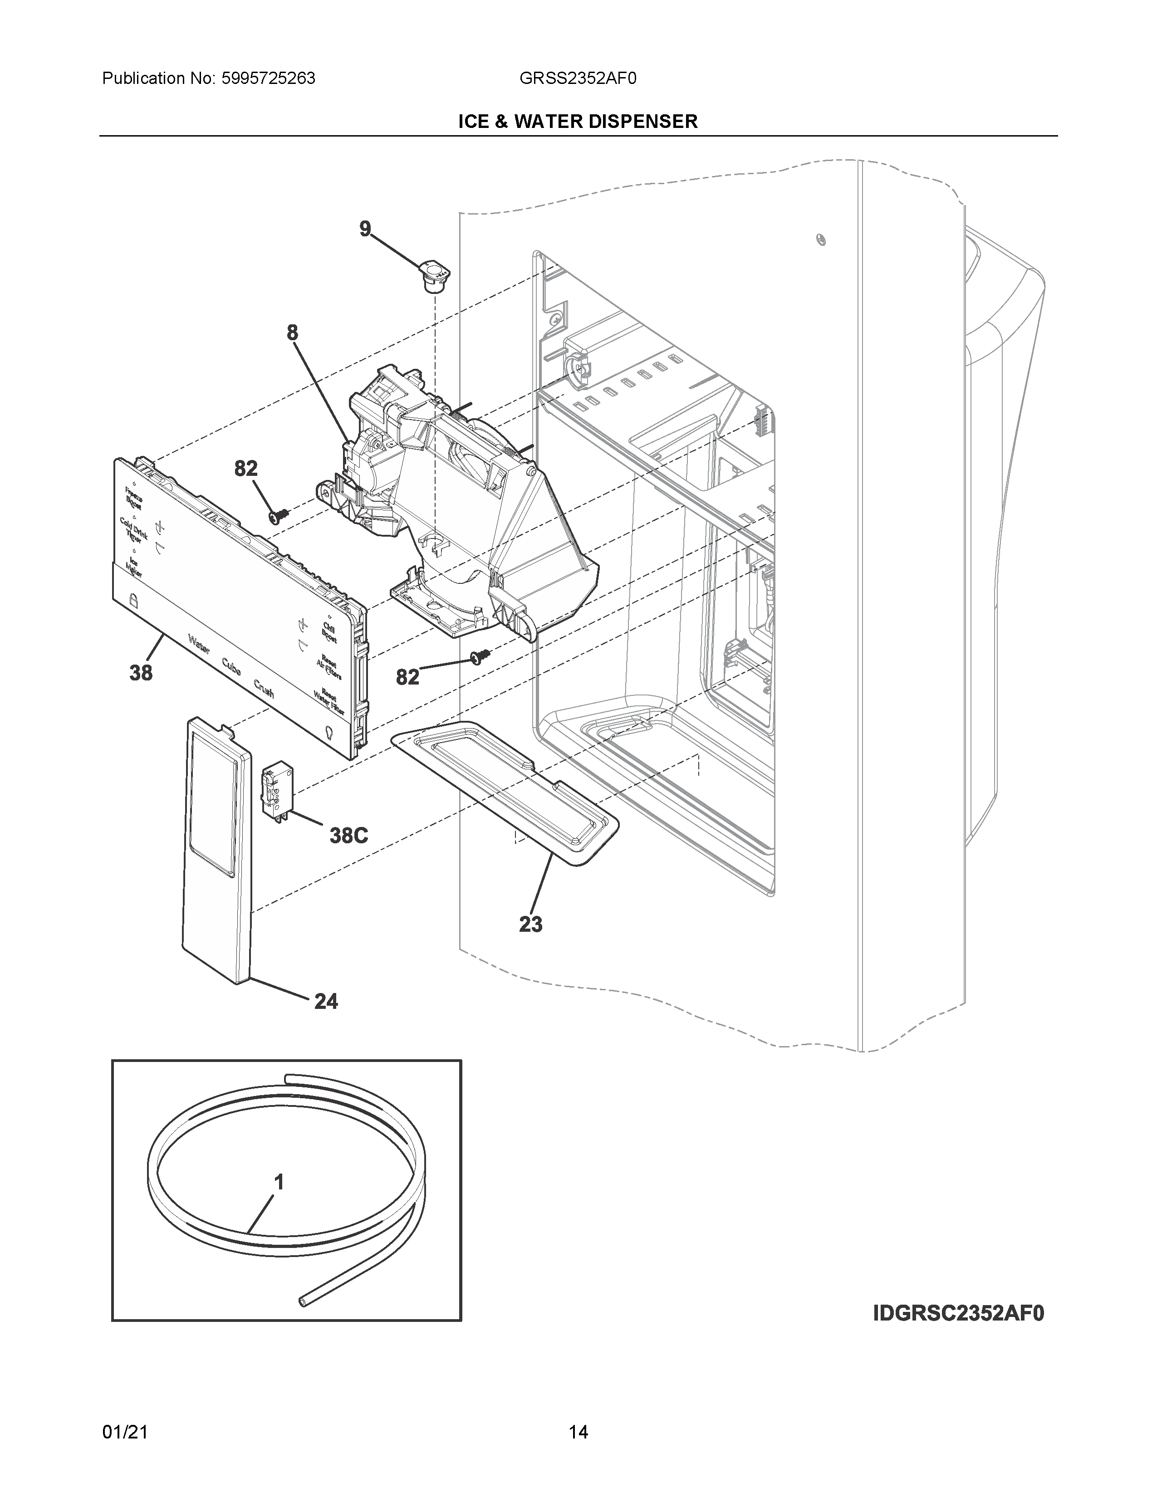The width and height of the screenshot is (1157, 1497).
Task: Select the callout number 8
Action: (x=293, y=333)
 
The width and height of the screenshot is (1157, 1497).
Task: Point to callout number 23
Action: (x=530, y=925)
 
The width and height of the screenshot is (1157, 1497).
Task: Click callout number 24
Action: (x=326, y=1002)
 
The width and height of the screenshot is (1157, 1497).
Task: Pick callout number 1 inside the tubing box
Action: (x=279, y=1182)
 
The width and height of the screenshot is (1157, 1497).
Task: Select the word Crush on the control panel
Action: (x=264, y=689)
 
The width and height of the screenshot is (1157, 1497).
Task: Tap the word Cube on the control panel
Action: (x=231, y=666)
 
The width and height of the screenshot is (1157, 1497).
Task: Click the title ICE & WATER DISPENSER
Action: (x=578, y=121)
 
